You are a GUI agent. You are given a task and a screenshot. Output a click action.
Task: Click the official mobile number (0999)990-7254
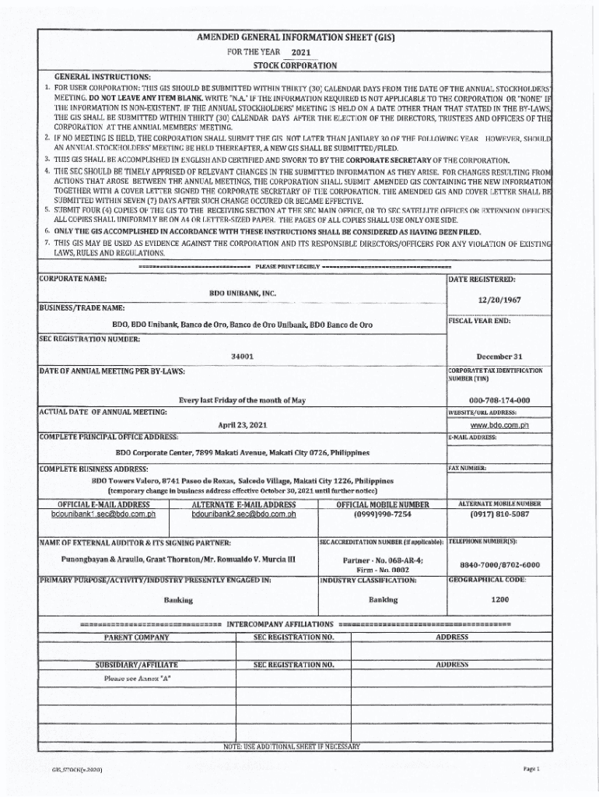click(382, 514)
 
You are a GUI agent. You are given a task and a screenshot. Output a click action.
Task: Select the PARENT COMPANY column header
click(136, 637)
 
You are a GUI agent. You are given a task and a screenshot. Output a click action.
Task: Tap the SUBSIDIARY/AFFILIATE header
click(136, 665)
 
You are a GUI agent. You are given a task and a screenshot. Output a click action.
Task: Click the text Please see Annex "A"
click(138, 679)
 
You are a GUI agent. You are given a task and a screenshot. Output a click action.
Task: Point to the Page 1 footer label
click(531, 769)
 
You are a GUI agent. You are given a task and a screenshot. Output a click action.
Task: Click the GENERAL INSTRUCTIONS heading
click(102, 76)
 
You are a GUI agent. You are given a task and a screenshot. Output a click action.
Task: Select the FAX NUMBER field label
click(468, 468)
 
